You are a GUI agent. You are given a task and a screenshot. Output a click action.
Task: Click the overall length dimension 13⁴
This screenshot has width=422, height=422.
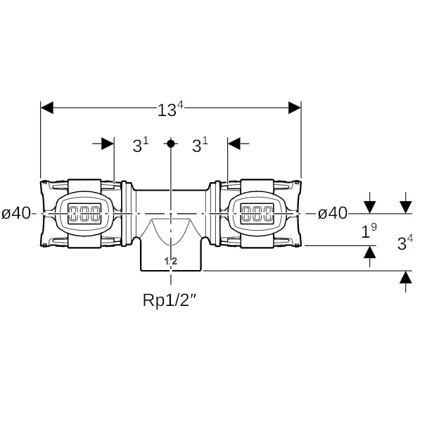tap(170, 109)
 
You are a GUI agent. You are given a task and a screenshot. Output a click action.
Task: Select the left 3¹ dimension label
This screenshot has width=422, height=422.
tap(141, 146)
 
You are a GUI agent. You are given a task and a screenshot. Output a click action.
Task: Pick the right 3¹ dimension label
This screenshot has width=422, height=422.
tap(200, 146)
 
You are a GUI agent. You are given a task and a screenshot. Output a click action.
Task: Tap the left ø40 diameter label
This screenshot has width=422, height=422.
tap(16, 214)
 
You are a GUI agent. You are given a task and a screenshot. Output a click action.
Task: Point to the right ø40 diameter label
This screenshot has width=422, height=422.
tap(333, 214)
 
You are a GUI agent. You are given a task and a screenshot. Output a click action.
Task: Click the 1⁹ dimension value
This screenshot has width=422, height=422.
tap(369, 231)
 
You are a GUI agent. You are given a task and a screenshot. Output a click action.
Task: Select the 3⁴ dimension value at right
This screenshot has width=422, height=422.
tap(405, 243)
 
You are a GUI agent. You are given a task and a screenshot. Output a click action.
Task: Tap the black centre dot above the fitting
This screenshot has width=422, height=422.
tap(171, 143)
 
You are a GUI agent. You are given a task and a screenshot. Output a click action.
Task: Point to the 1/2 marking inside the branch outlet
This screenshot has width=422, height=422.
tap(171, 261)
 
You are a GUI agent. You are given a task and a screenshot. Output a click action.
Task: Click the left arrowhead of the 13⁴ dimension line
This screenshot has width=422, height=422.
tap(47, 108)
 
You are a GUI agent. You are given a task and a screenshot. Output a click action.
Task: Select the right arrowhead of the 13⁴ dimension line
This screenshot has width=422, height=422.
tap(295, 108)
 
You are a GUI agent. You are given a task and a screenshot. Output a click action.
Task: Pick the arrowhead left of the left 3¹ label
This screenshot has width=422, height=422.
tap(108, 143)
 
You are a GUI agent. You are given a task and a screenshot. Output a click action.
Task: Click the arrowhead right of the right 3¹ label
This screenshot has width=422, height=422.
tap(234, 143)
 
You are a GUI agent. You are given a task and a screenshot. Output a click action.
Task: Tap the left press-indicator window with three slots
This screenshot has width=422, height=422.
tap(84, 213)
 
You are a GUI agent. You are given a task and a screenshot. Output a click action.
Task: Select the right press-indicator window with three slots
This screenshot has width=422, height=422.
tap(257, 213)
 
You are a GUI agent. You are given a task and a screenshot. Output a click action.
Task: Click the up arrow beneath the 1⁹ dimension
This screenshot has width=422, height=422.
tap(370, 252)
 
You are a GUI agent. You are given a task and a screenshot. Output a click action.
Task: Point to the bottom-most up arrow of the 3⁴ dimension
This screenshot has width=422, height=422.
tap(406, 277)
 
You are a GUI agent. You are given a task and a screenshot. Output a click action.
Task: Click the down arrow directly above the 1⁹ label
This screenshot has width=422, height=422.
tap(370, 207)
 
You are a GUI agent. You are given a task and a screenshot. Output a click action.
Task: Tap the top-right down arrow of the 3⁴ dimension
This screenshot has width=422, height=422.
tap(406, 207)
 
